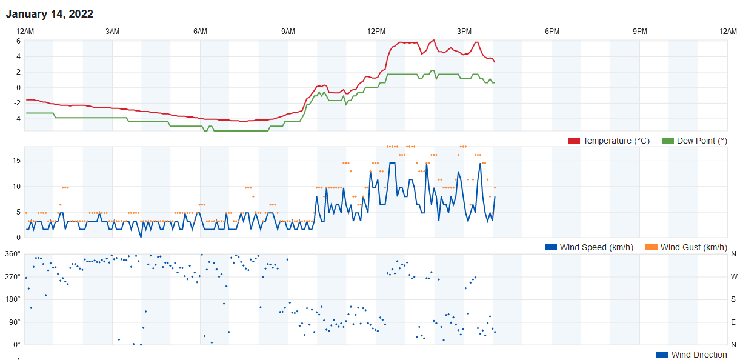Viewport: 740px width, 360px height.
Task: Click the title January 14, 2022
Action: pyautogui.click(x=50, y=14)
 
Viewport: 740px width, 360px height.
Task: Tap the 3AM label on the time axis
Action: pyautogui.click(x=112, y=32)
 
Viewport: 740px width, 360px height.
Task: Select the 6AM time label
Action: pyautogui.click(x=200, y=32)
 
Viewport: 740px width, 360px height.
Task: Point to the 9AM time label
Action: pyautogui.click(x=288, y=32)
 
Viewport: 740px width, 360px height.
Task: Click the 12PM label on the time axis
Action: pyautogui.click(x=376, y=32)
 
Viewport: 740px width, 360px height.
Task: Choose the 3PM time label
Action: pyautogui.click(x=464, y=32)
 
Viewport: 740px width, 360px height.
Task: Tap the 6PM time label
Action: pyautogui.click(x=552, y=32)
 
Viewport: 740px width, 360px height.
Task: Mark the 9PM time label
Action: pyautogui.click(x=640, y=32)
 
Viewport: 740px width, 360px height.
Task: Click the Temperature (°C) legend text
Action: pyautogui.click(x=616, y=141)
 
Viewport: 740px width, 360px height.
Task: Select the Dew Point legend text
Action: pyautogui.click(x=702, y=141)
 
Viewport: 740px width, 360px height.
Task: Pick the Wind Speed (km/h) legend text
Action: pyautogui.click(x=597, y=247)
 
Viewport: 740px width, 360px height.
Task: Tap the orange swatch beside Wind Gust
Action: pyautogui.click(x=652, y=247)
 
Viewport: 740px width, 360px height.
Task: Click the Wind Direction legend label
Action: pyautogui.click(x=699, y=355)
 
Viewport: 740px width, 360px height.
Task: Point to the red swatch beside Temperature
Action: pyautogui.click(x=574, y=141)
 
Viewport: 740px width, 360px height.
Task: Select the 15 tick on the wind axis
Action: pyautogui.click(x=16, y=161)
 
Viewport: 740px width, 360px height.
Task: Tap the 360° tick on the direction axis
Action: pyautogui.click(x=13, y=253)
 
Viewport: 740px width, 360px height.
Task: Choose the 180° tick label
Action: pyautogui.click(x=13, y=299)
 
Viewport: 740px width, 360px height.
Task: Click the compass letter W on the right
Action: pyautogui.click(x=734, y=276)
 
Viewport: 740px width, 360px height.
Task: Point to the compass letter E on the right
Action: pyautogui.click(x=734, y=322)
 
